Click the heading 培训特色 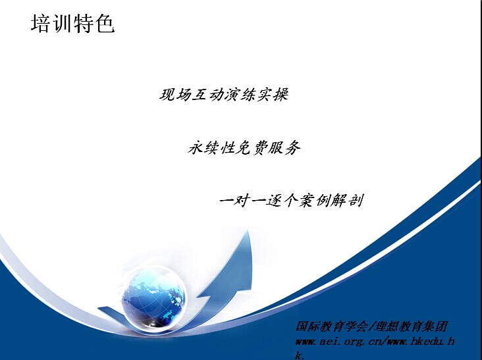click(73, 24)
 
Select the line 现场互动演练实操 click(224, 95)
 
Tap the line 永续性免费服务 click(244, 147)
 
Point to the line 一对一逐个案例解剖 click(292, 200)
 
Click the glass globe click(153, 298)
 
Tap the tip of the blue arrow click(248, 231)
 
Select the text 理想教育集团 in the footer click(411, 326)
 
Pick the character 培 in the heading click(41, 24)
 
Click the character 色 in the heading click(105, 24)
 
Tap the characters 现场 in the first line click(175, 95)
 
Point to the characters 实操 click(273, 95)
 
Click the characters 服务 click(284, 147)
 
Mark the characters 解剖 click(348, 200)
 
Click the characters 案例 click(315, 200)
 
